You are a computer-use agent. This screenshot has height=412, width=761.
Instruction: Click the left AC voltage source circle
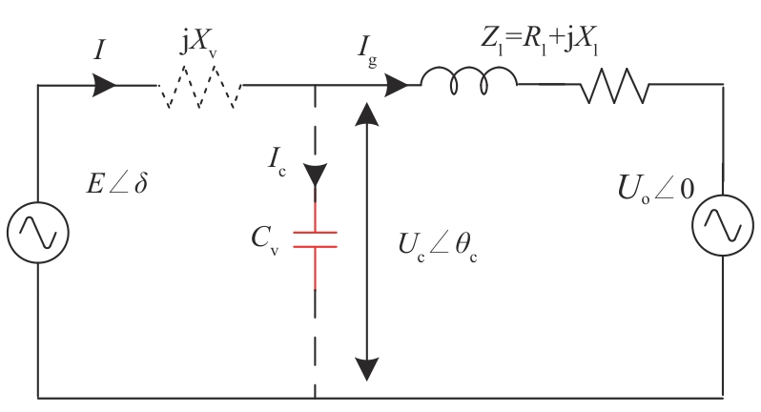38,202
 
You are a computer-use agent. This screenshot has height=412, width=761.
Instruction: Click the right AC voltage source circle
723,195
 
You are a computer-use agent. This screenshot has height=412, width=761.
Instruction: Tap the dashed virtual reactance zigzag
200,87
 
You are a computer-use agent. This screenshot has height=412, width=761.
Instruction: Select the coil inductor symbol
469,80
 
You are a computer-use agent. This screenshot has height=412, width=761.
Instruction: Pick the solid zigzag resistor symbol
614,86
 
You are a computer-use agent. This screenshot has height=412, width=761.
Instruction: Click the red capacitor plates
315,239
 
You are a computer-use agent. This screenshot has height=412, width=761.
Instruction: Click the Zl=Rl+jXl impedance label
539,40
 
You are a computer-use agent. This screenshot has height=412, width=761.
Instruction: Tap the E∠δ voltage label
116,184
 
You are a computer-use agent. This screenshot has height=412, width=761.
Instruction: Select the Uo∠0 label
656,189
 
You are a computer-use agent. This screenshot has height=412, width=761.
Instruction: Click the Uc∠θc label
438,246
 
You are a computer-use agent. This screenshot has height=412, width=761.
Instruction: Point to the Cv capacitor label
265,240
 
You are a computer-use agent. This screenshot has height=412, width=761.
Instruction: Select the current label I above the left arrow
99,50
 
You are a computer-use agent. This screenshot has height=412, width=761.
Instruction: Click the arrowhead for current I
104,86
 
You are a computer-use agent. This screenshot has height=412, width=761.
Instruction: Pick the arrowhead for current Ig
396,86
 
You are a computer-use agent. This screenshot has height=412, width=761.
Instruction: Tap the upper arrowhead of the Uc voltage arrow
367,114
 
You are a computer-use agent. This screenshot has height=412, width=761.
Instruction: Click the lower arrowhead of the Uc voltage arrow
367,369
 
